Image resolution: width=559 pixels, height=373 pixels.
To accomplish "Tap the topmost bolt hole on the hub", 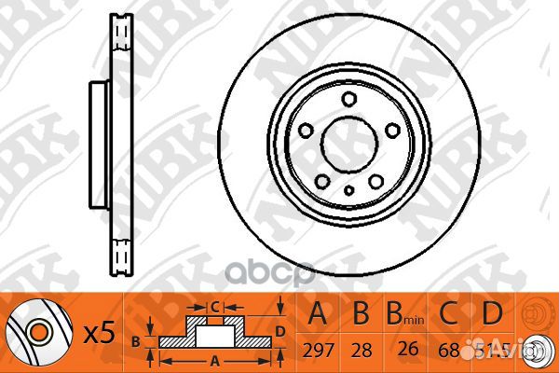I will [x=348, y=99].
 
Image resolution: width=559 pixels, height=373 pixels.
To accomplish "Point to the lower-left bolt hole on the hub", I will [x=322, y=180].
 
